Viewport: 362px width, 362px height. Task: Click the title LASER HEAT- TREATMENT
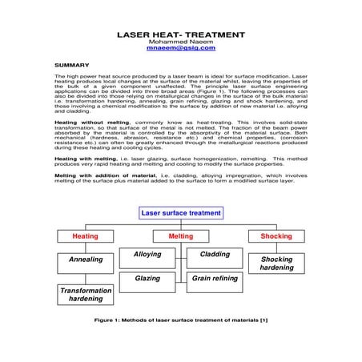pos(181,36)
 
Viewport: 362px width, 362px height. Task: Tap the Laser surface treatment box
pos(181,214)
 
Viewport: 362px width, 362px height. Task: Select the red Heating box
pos(86,236)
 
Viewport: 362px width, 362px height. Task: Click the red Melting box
pos(181,236)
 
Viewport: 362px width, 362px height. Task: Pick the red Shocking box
pos(277,236)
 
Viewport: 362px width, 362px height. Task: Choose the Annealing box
pos(86,260)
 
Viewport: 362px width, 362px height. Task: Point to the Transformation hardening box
pos(86,294)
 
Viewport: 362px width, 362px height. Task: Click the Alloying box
pos(147,255)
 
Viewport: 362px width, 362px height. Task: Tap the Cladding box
pos(215,255)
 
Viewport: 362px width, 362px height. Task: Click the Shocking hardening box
pos(277,263)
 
